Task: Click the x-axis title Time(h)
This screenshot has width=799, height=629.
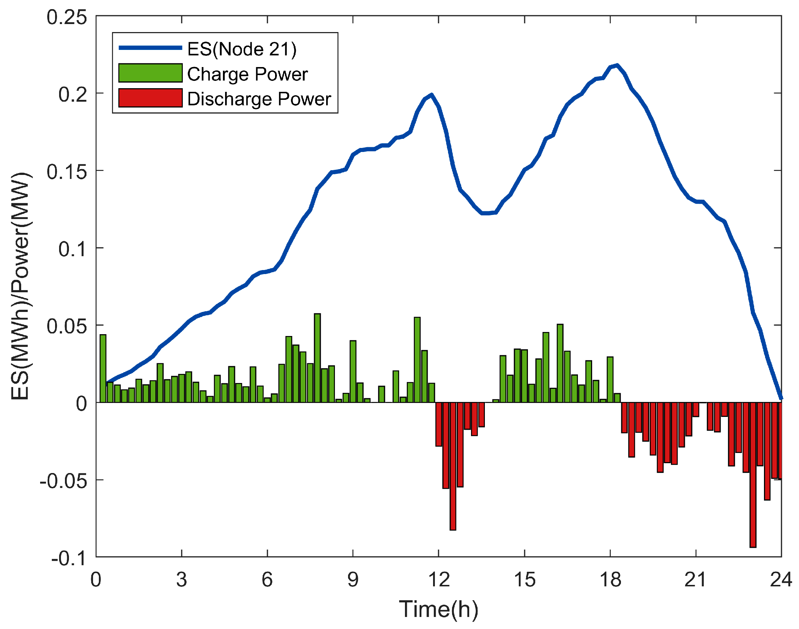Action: (439, 609)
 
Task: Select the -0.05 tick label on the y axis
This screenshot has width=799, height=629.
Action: (63, 481)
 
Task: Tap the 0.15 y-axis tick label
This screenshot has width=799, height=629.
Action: (67, 172)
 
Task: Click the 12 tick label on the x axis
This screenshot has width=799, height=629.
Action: (439, 580)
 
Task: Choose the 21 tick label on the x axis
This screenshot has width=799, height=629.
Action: (695, 580)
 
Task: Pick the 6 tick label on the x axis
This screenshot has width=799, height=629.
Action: (267, 580)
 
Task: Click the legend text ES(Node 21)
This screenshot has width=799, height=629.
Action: (242, 49)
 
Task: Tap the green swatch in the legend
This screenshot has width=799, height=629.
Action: (150, 73)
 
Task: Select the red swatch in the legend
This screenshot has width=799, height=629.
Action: (150, 98)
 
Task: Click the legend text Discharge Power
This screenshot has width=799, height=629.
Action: (259, 99)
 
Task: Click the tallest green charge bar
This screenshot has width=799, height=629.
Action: (317, 357)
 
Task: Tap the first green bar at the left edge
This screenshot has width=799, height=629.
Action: (103, 368)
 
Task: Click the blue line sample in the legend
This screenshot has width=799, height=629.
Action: (150, 48)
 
